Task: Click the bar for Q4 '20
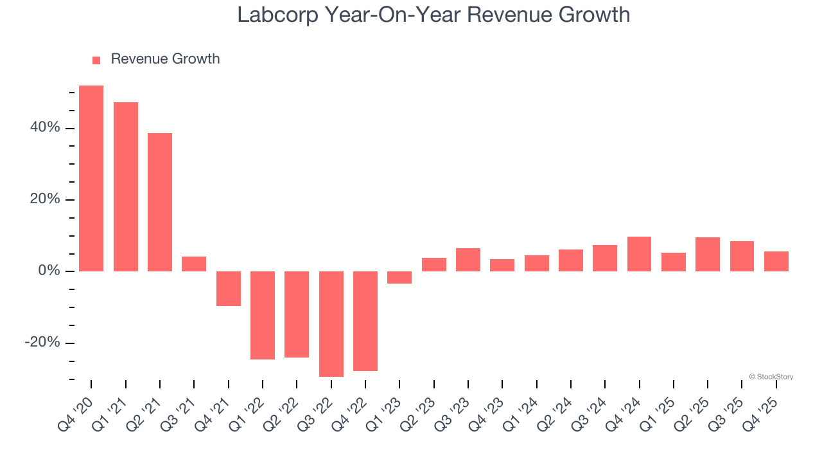point(91,178)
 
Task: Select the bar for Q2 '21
point(160,202)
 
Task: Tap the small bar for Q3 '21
point(194,264)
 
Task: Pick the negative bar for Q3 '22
point(331,323)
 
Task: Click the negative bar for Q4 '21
point(229,288)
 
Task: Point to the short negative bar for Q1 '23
point(399,277)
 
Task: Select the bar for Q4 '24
point(640,254)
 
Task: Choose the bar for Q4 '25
point(776,261)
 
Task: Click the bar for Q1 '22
point(263,315)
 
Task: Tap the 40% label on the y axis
point(45,128)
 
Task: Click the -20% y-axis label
point(42,343)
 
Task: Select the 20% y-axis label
point(45,199)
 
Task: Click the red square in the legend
point(96,60)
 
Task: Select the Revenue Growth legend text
point(165,59)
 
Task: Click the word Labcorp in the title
point(277,14)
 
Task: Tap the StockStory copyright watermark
point(771,377)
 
